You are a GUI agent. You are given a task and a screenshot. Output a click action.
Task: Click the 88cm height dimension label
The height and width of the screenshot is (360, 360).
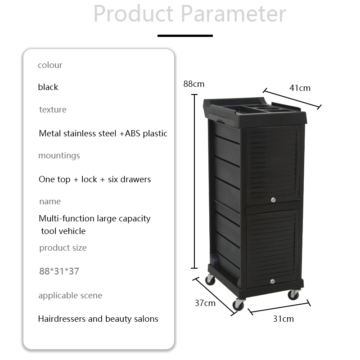194,84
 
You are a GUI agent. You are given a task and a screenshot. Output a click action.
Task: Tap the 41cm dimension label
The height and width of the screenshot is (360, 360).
300,88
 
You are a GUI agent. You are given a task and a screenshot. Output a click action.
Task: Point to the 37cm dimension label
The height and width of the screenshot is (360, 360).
205,303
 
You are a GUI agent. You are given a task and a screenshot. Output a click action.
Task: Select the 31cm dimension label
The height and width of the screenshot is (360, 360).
283,319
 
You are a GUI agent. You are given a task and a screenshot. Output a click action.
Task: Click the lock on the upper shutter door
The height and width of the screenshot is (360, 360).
273,200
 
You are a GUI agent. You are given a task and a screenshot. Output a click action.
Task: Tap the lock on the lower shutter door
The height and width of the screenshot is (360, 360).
273,281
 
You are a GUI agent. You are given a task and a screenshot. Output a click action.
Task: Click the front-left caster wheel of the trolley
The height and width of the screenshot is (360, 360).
238,305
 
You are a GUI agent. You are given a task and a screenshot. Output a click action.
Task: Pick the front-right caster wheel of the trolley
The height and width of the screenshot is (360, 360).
293,295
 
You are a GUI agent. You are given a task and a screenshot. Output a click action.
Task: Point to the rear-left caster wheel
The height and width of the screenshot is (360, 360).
210,279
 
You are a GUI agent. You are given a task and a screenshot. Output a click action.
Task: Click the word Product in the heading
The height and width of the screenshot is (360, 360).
133,13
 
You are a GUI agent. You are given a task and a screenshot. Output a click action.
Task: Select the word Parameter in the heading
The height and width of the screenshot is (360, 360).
234,13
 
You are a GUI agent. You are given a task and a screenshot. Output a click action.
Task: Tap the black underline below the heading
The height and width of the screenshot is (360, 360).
185,36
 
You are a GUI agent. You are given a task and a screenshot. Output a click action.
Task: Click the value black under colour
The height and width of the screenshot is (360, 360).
48,87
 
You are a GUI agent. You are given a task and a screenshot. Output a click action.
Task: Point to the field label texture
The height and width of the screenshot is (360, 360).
53,109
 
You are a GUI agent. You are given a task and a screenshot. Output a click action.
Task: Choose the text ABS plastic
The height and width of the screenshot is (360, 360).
146,133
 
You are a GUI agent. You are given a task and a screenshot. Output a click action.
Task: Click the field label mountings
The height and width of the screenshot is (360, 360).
59,156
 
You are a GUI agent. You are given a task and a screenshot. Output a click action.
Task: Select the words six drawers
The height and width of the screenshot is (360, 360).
130,179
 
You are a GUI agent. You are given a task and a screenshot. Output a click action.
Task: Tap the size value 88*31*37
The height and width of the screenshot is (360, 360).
59,271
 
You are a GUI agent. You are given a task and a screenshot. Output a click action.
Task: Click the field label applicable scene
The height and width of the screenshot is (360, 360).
70,296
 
